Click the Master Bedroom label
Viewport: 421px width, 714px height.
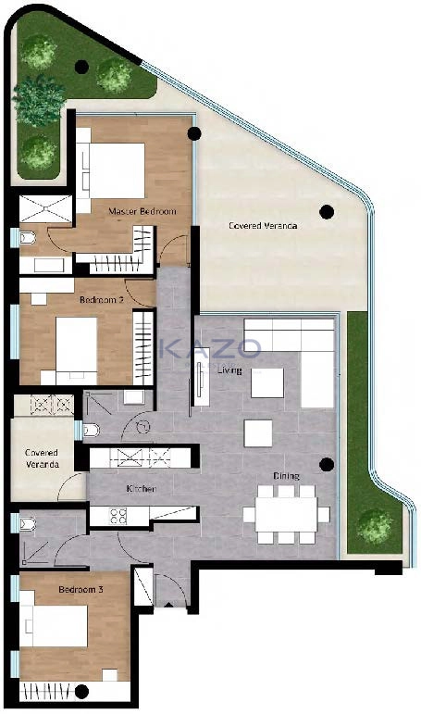tap(142, 211)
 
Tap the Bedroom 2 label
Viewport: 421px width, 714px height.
tap(101, 300)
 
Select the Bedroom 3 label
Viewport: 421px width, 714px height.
tap(81, 589)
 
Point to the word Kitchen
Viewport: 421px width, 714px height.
tap(141, 489)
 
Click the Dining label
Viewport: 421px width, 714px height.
tap(286, 476)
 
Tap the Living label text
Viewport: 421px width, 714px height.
tap(229, 370)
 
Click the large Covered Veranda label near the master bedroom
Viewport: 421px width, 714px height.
tap(263, 225)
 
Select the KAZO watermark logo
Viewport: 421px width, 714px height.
tap(210, 349)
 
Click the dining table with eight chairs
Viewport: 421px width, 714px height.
tap(286, 515)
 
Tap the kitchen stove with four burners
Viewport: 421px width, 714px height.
tap(118, 516)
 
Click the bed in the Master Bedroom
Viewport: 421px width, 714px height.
tap(116, 170)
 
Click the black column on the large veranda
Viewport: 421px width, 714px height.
tap(327, 212)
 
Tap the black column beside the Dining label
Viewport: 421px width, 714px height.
tap(327, 465)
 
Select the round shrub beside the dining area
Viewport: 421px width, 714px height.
tap(375, 526)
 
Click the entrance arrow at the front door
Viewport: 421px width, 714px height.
tap(168, 605)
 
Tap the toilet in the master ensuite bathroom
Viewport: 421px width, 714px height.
tap(28, 237)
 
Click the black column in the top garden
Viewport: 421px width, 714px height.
tap(81, 67)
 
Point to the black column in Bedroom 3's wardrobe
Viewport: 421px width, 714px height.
tap(81, 692)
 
